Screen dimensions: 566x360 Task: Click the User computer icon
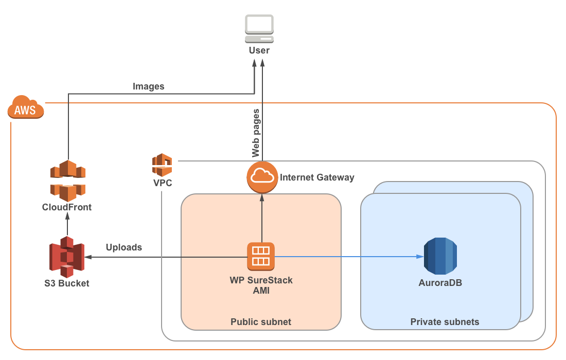[x=259, y=29]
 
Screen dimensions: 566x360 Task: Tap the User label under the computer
[x=259, y=50]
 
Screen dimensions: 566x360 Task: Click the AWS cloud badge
[x=26, y=107]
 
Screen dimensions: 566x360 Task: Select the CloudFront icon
[x=68, y=181]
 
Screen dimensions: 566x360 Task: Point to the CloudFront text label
[x=67, y=207]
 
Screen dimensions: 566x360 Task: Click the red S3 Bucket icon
[x=67, y=257]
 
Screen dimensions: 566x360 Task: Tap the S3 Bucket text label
[x=67, y=283]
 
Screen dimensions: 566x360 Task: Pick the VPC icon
[x=162, y=165]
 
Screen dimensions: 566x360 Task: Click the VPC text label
[x=163, y=183]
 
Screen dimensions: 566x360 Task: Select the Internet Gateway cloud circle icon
[x=262, y=177]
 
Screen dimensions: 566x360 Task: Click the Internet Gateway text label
[x=317, y=177]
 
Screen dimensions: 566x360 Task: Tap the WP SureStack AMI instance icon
[x=261, y=257]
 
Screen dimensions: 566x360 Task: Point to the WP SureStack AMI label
[x=261, y=285]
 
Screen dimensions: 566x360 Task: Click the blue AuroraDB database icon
[x=440, y=256]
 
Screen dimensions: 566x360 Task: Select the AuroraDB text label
[x=440, y=283]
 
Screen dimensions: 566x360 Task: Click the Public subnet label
[x=261, y=322]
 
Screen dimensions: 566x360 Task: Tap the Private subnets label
[x=445, y=322]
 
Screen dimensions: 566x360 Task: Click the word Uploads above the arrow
[x=124, y=247]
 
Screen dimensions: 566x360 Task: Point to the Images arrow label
[x=148, y=86]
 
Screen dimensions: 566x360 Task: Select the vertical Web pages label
[x=256, y=133]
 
